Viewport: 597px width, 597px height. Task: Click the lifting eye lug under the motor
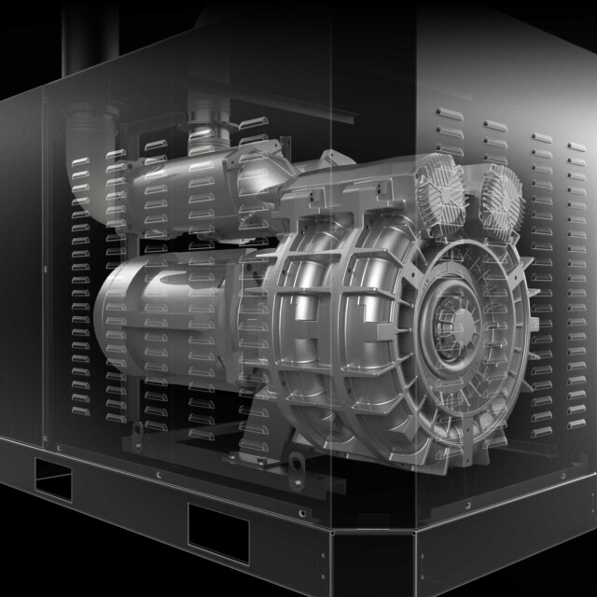(139, 431)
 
